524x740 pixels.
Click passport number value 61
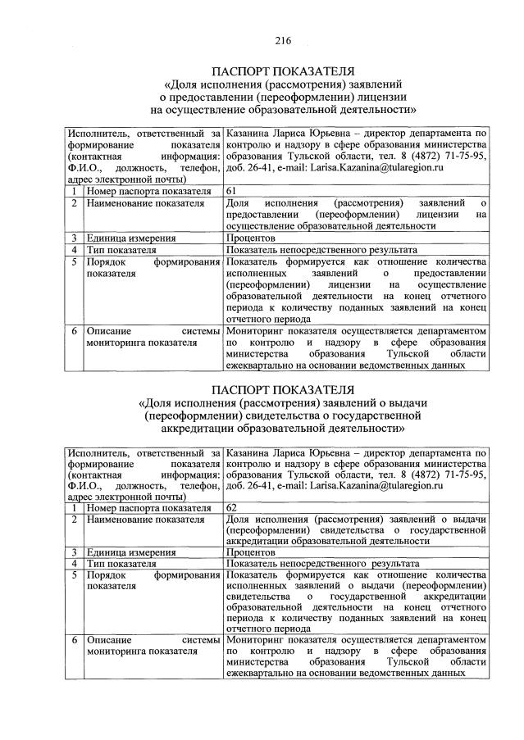click(x=232, y=190)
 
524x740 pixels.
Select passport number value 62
click(x=232, y=507)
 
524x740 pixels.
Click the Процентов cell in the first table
click(x=252, y=238)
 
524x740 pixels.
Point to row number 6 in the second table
click(x=74, y=638)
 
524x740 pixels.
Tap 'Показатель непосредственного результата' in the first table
click(x=322, y=249)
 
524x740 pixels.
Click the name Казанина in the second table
click(x=250, y=452)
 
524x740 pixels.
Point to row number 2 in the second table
click(x=74, y=520)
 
